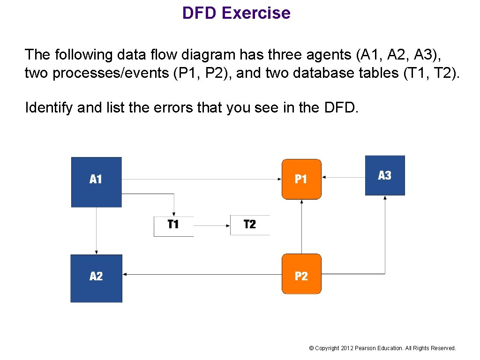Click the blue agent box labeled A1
tap(96, 182)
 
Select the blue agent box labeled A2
tap(96, 278)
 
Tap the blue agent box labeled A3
tap(385, 175)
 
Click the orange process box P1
tap(301, 179)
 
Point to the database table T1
tap(173, 225)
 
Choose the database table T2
tap(250, 225)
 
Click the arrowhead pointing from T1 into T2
tap(228, 225)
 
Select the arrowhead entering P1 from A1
tap(279, 179)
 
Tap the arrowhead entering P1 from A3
tap(324, 177)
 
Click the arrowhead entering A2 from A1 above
tap(96, 252)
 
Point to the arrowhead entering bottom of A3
tap(385, 198)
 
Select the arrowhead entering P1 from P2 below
tap(301, 202)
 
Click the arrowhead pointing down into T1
tap(173, 213)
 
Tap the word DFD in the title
tap(200, 13)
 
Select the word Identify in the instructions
tap(49, 108)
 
